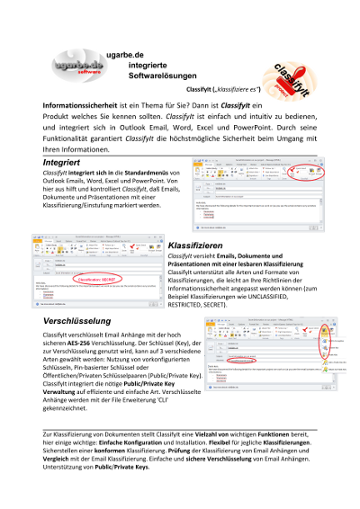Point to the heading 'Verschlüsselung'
click(76, 320)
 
